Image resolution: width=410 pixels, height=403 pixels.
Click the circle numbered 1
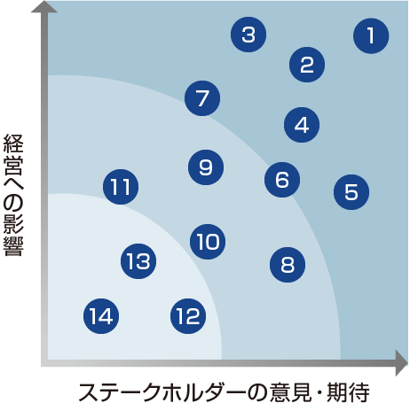coord(371,35)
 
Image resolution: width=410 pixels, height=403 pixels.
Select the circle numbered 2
coord(307,65)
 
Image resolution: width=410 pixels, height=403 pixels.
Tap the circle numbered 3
coord(248,35)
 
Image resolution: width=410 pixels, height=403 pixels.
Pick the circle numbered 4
coord(302,125)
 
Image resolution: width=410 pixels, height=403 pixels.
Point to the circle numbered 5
coord(351,192)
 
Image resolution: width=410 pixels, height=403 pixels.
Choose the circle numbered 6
coord(282,180)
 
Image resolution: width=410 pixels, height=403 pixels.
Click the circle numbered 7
coord(202,98)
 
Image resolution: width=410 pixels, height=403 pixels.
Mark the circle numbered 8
coord(288,265)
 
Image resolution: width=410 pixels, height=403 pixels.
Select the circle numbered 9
coord(206,167)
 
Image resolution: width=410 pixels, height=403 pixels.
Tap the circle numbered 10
coord(208,242)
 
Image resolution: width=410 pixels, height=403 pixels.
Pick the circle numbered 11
coord(121,187)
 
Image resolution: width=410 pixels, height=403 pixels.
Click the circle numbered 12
coord(188,316)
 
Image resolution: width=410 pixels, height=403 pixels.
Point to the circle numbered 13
coord(138,261)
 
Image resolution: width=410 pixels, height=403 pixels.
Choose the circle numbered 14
coord(101,316)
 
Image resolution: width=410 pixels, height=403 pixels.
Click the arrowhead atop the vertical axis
coord(44,6)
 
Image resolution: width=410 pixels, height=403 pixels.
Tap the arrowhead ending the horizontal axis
coord(402,363)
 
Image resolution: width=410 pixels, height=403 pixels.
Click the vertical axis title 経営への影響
coord(13,195)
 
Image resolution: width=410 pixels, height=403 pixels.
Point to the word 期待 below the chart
coord(348,392)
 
